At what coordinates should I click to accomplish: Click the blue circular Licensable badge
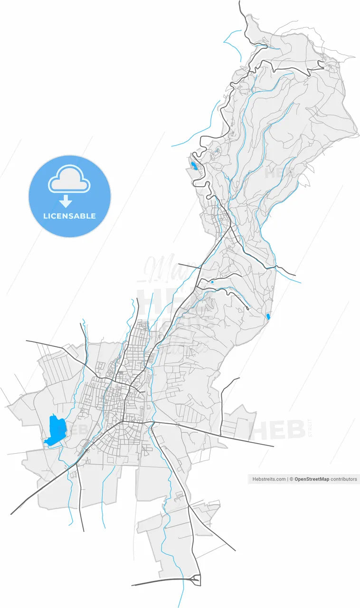(70, 196)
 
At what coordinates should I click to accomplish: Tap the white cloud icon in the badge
(69, 179)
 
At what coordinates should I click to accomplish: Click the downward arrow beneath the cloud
(66, 202)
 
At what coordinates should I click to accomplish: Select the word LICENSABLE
(69, 216)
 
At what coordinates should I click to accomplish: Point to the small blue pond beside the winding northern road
(194, 166)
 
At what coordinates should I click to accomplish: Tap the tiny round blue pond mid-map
(212, 282)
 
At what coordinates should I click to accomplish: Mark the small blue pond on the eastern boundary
(268, 316)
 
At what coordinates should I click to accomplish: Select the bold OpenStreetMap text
(312, 479)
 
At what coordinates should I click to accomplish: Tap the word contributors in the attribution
(344, 479)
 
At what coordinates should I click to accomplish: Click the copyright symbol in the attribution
(292, 479)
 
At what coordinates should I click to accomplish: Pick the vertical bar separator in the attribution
(288, 479)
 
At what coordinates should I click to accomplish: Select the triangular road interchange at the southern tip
(196, 579)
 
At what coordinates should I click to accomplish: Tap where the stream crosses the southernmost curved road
(183, 579)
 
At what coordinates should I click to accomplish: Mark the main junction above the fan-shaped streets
(123, 420)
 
